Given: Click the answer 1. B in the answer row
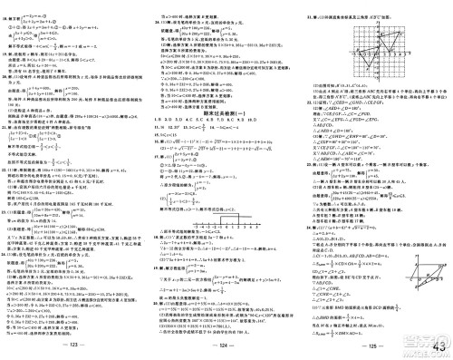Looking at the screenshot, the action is point(159,92).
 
